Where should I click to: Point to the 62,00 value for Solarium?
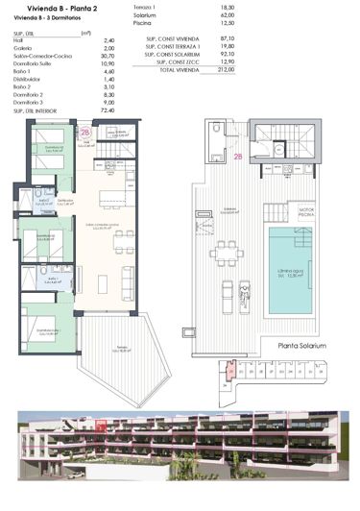tap(227, 15)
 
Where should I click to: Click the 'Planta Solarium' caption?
tap(302, 345)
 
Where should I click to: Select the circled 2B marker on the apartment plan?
tap(85, 133)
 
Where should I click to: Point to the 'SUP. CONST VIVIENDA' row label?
tap(169, 37)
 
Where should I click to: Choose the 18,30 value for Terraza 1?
tap(227, 8)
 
